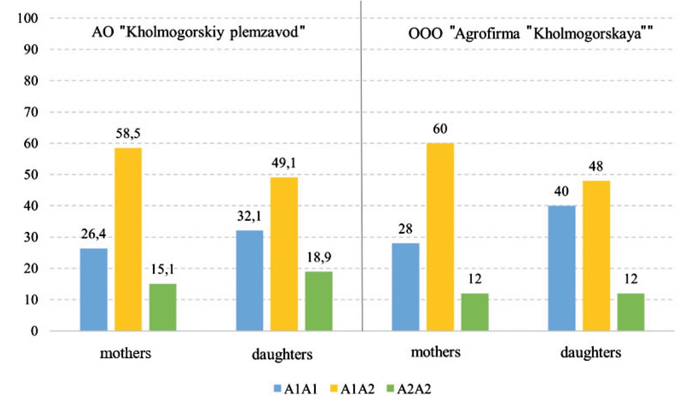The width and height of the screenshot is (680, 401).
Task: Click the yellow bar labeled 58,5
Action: click(x=128, y=239)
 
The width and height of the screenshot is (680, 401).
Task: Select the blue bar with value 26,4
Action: click(x=94, y=290)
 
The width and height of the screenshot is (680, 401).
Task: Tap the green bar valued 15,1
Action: click(x=162, y=307)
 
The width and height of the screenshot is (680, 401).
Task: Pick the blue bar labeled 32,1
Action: click(x=250, y=280)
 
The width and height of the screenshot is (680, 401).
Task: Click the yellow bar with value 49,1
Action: click(x=284, y=254)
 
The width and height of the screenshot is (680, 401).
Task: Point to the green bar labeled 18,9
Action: click(x=319, y=301)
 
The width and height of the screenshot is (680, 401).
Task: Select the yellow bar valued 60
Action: click(x=440, y=237)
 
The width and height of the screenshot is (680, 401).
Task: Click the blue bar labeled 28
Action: click(x=405, y=287)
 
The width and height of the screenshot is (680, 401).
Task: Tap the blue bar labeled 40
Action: click(x=562, y=268)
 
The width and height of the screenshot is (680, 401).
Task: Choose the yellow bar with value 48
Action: click(x=596, y=255)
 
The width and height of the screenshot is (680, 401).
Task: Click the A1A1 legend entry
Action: click(x=295, y=389)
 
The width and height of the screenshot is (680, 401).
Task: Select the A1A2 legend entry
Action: click(x=352, y=389)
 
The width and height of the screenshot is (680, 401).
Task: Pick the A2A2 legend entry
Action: click(x=409, y=389)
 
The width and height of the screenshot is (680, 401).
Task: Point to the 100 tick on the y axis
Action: click(x=27, y=18)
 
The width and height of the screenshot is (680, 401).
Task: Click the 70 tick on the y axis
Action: click(x=30, y=112)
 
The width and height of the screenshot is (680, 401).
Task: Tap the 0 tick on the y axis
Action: click(x=34, y=331)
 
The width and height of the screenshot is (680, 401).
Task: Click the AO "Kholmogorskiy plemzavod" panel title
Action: click(x=199, y=32)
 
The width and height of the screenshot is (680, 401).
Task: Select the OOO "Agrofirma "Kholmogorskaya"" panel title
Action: click(x=530, y=34)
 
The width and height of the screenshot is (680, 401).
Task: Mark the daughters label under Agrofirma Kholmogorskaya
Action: click(x=590, y=353)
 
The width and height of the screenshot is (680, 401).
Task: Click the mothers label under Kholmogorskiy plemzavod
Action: click(x=126, y=353)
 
